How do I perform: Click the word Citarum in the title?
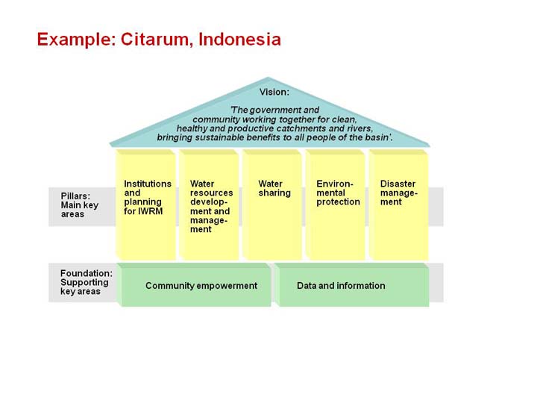(x=154, y=40)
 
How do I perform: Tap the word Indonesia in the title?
(x=239, y=39)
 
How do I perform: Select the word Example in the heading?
(x=76, y=40)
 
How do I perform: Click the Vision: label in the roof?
(x=274, y=92)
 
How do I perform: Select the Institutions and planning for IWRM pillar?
(x=146, y=204)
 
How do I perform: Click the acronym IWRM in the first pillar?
(x=150, y=211)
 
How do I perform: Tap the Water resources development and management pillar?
(x=209, y=204)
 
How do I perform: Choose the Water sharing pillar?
(x=272, y=204)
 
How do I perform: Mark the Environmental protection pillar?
(x=336, y=204)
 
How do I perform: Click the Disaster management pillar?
(x=398, y=204)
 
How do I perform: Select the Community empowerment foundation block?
(x=194, y=285)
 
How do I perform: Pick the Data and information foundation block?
(x=352, y=285)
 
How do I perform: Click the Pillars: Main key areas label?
(x=80, y=205)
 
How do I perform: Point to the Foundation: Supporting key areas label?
(x=87, y=282)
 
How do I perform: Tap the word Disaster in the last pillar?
(x=398, y=184)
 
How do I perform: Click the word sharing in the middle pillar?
(x=274, y=193)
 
